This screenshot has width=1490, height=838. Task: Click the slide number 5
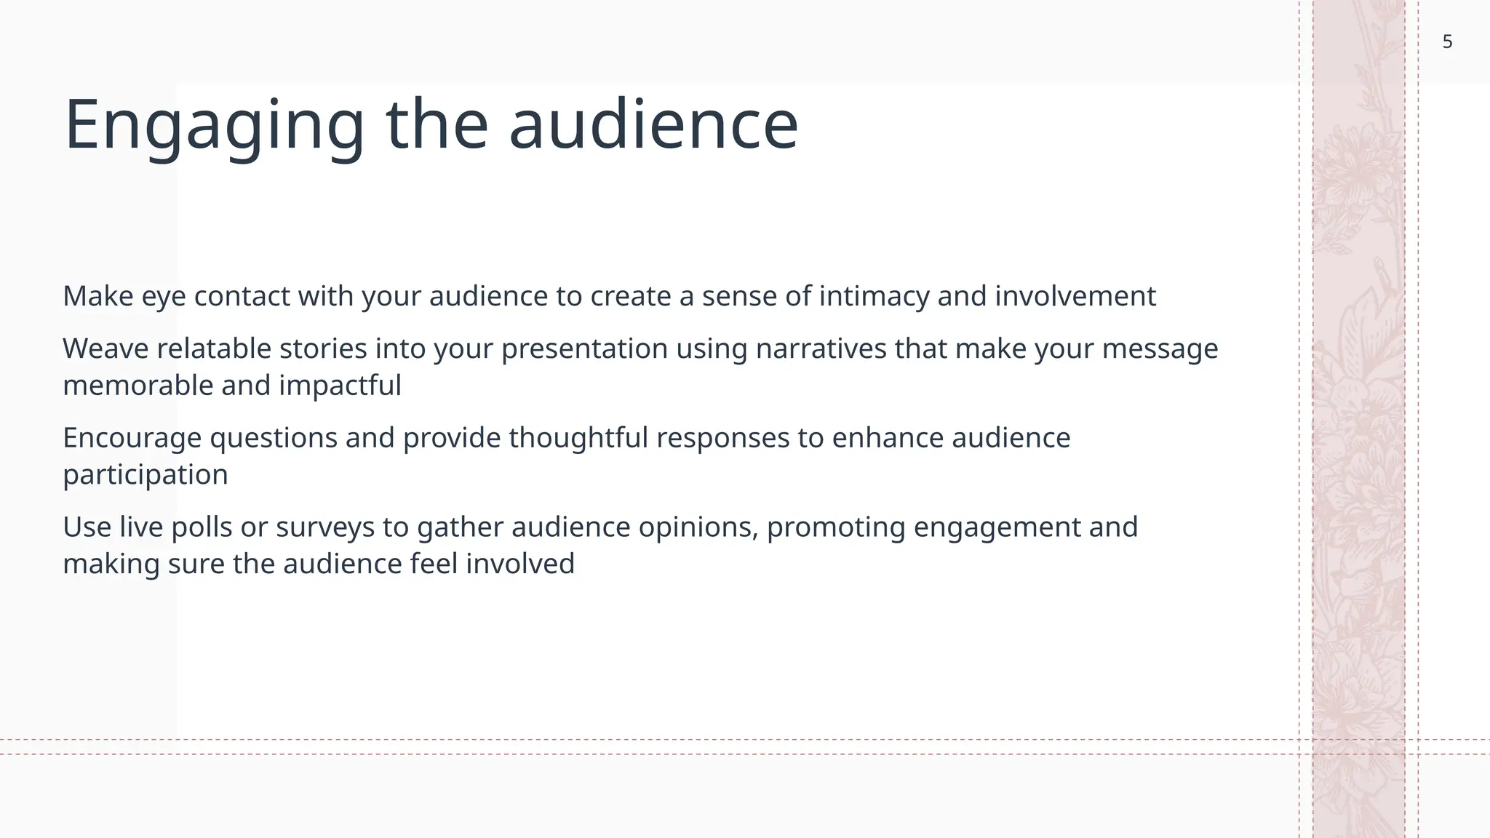tap(1447, 42)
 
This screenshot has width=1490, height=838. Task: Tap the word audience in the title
tap(653, 125)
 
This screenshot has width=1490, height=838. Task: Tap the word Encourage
tap(132, 439)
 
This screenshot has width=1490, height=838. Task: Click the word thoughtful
tap(578, 439)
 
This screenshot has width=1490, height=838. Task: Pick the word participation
tap(146, 475)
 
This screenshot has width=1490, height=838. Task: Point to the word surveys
tap(324, 527)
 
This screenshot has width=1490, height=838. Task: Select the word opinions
tap(698, 527)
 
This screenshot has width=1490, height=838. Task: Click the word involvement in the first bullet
tap(1075, 297)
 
